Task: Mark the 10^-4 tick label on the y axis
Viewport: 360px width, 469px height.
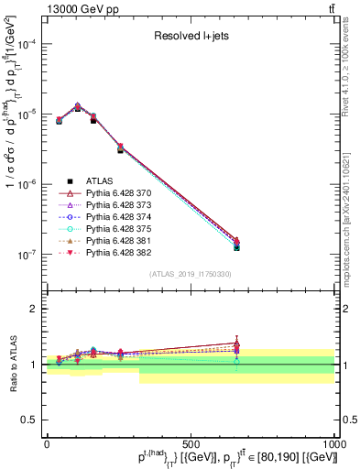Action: coord(27,44)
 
